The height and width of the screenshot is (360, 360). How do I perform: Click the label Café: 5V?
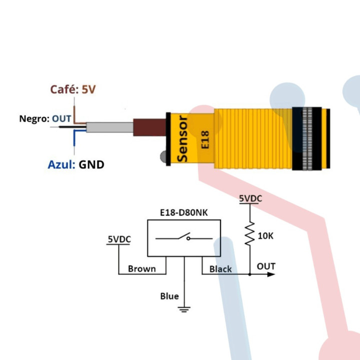pyautogui.click(x=72, y=90)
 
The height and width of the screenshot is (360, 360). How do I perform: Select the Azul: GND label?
pyautogui.click(x=76, y=164)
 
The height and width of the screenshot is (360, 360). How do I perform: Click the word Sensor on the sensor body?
pyautogui.click(x=182, y=138)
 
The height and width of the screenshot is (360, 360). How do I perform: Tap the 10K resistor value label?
pyautogui.click(x=265, y=235)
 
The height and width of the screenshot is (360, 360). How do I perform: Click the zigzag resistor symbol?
pyautogui.click(x=249, y=233)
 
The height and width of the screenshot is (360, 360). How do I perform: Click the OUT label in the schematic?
pyautogui.click(x=266, y=266)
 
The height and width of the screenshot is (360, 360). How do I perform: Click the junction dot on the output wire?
pyautogui.click(x=249, y=274)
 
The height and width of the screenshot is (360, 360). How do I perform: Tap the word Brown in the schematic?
pyautogui.click(x=142, y=269)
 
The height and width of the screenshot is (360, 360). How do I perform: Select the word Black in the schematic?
pyautogui.click(x=220, y=269)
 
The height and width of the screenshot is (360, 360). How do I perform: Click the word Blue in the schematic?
pyautogui.click(x=169, y=296)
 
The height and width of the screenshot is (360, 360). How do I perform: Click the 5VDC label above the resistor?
pyautogui.click(x=250, y=199)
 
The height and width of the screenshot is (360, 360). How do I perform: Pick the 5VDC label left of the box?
pyautogui.click(x=119, y=239)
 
